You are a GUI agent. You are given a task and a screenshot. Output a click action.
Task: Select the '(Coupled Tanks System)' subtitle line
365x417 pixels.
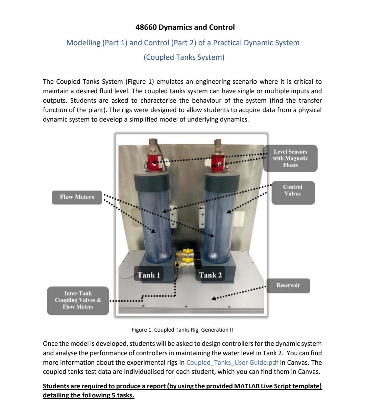click(x=184, y=57)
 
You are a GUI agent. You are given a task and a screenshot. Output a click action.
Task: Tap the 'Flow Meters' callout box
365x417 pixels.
click(x=77, y=197)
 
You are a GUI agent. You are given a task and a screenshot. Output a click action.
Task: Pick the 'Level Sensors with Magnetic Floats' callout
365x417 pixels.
click(x=290, y=158)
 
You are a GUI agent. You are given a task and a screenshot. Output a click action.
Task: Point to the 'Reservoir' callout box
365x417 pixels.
click(x=288, y=286)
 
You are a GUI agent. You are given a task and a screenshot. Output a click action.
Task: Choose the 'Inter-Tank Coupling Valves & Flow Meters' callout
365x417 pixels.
click(x=78, y=301)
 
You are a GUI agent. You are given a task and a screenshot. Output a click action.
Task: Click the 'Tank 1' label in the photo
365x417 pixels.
click(x=149, y=275)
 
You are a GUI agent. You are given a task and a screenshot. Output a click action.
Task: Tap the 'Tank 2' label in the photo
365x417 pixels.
click(x=210, y=275)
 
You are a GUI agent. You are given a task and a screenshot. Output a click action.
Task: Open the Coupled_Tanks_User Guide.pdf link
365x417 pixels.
click(x=232, y=363)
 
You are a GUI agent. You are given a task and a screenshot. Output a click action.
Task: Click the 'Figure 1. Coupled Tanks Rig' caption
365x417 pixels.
click(x=182, y=330)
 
